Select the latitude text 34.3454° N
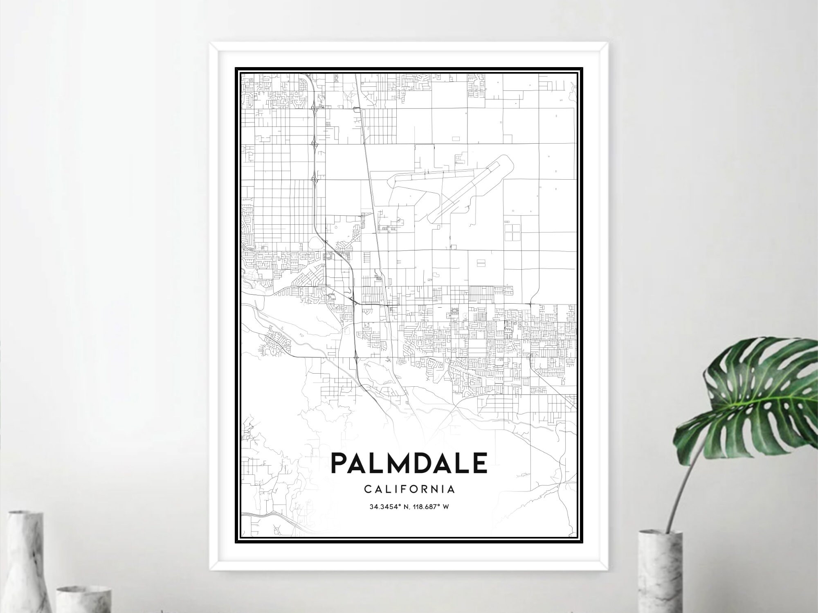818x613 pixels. click(x=388, y=507)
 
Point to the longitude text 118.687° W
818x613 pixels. click(x=432, y=507)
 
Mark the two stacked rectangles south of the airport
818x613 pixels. click(x=481, y=262)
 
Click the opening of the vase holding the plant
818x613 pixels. click(x=661, y=534)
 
